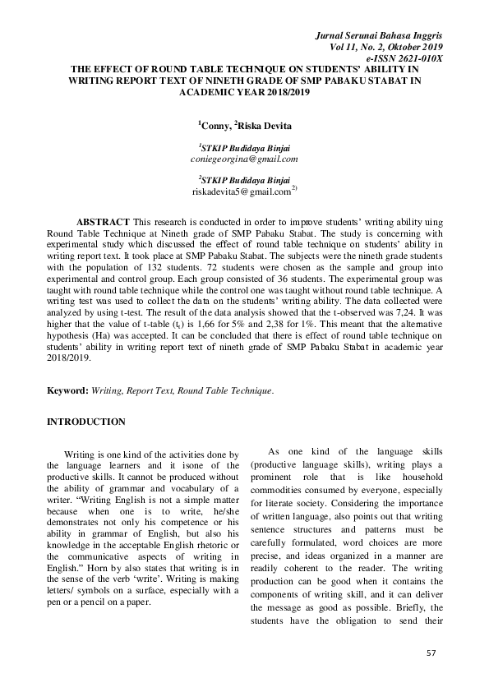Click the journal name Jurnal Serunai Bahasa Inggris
click(381, 38)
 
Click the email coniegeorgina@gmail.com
click(243, 159)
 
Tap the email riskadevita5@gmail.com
click(241, 191)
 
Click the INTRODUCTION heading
click(86, 422)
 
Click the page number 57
click(432, 652)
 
